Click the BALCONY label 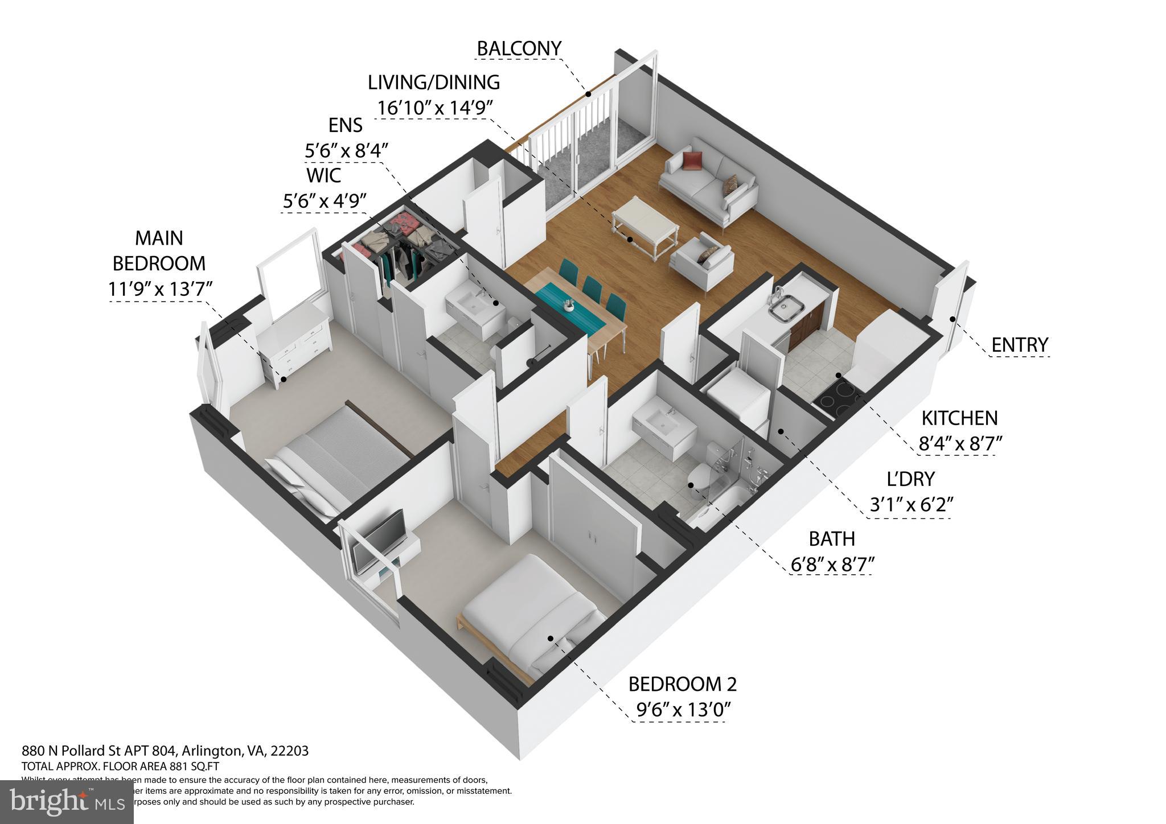519,49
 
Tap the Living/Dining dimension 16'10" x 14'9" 434,108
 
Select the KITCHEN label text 959,418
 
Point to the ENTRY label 1019,345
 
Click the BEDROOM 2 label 682,684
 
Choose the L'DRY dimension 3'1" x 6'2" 911,505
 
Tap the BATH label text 832,538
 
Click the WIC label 323,175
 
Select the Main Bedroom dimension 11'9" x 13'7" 160,290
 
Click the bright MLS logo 67,801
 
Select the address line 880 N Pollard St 165,751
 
